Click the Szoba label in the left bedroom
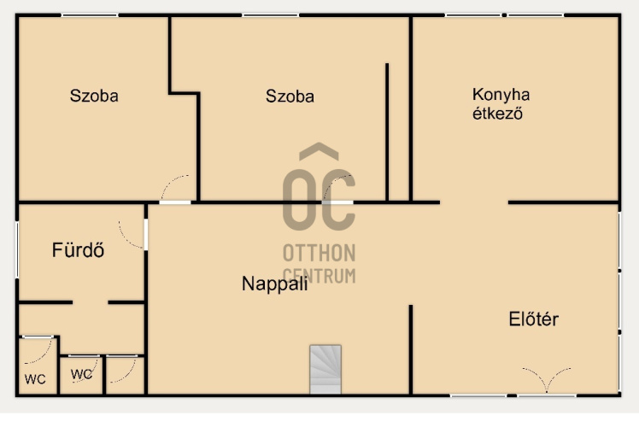pyautogui.click(x=94, y=96)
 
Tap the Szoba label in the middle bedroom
pyautogui.click(x=290, y=97)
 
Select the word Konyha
pyautogui.click(x=501, y=95)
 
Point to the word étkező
pyautogui.click(x=497, y=114)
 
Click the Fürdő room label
pyautogui.click(x=78, y=249)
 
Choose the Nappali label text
pyautogui.click(x=275, y=284)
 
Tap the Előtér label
pyautogui.click(x=533, y=319)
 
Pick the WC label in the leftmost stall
pyautogui.click(x=35, y=379)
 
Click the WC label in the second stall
pyautogui.click(x=81, y=374)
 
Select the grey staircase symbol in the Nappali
pyautogui.click(x=325, y=369)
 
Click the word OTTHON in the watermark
pyautogui.click(x=319, y=253)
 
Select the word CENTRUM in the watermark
pyautogui.click(x=319, y=276)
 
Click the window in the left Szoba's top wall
pyautogui.click(x=90, y=15)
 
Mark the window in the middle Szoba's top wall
pyautogui.click(x=271, y=15)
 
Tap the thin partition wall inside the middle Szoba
pyautogui.click(x=387, y=132)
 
